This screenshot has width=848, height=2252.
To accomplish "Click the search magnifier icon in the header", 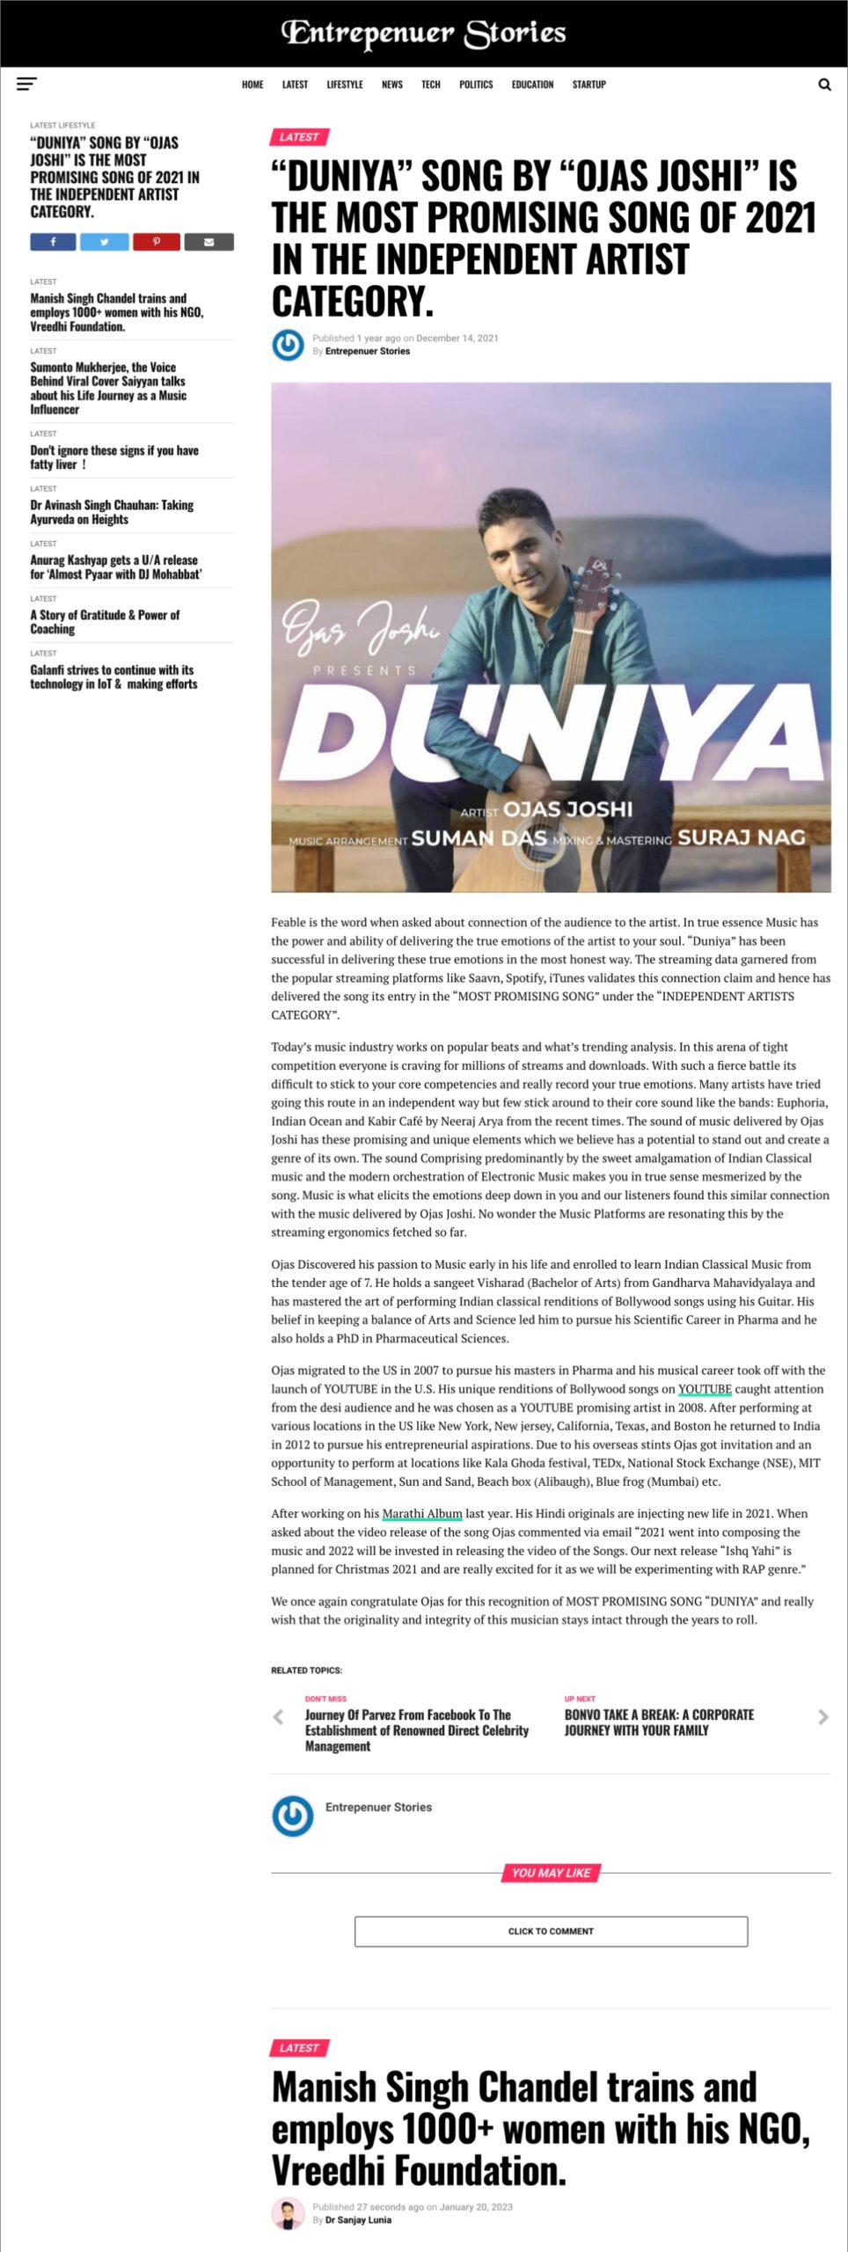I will (x=824, y=84).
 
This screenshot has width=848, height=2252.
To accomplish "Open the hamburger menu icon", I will (x=26, y=84).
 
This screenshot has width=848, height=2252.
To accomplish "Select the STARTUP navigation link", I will (x=588, y=84).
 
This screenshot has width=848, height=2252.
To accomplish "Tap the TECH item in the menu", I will (x=430, y=84).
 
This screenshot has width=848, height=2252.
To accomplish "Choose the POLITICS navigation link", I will (x=476, y=84).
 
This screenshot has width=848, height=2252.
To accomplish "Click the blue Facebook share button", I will (x=53, y=242).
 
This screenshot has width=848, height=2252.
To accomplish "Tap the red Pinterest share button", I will (x=157, y=242).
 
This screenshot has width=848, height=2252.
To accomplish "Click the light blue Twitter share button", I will (x=104, y=242).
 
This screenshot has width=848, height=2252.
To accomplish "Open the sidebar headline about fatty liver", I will (x=114, y=457).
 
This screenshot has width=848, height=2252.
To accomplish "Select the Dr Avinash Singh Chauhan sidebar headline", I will (x=112, y=512).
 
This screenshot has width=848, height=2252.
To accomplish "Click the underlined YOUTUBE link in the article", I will (x=705, y=1389).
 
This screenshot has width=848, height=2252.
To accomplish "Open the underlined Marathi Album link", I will (x=422, y=1513).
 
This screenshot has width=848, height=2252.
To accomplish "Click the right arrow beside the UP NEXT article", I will (x=823, y=1716).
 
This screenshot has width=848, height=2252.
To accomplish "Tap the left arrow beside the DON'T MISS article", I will (x=279, y=1716).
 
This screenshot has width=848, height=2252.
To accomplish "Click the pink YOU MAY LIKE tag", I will (x=551, y=1873).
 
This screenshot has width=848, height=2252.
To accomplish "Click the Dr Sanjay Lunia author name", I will (x=358, y=2219).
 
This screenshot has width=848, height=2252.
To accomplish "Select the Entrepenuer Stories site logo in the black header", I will (x=423, y=33).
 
